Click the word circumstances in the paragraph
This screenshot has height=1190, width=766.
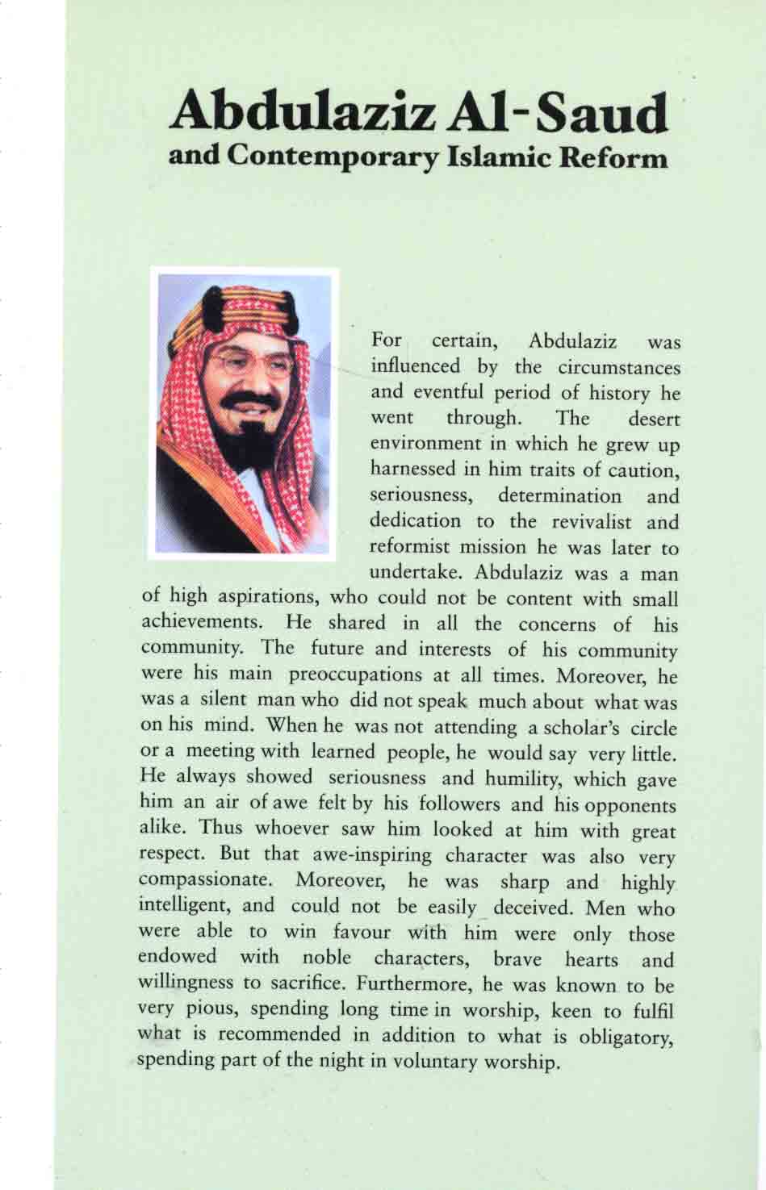(x=619, y=367)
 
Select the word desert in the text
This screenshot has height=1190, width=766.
(x=654, y=420)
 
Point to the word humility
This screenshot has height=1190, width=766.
(x=530, y=779)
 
